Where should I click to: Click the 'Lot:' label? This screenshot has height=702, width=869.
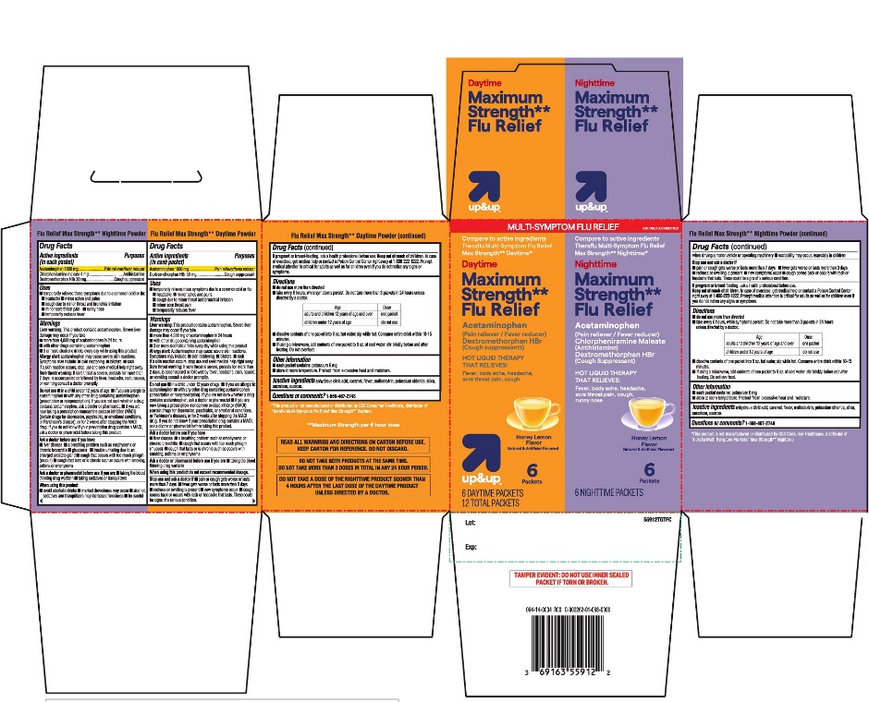coord(470,522)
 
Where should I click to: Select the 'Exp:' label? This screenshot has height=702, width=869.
coord(471,547)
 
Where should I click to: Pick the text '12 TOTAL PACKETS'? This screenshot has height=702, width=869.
coord(491,502)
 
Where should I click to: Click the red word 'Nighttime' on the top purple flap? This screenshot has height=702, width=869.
coord(594,82)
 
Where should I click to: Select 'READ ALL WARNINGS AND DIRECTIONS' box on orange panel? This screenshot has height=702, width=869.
coord(356,445)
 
